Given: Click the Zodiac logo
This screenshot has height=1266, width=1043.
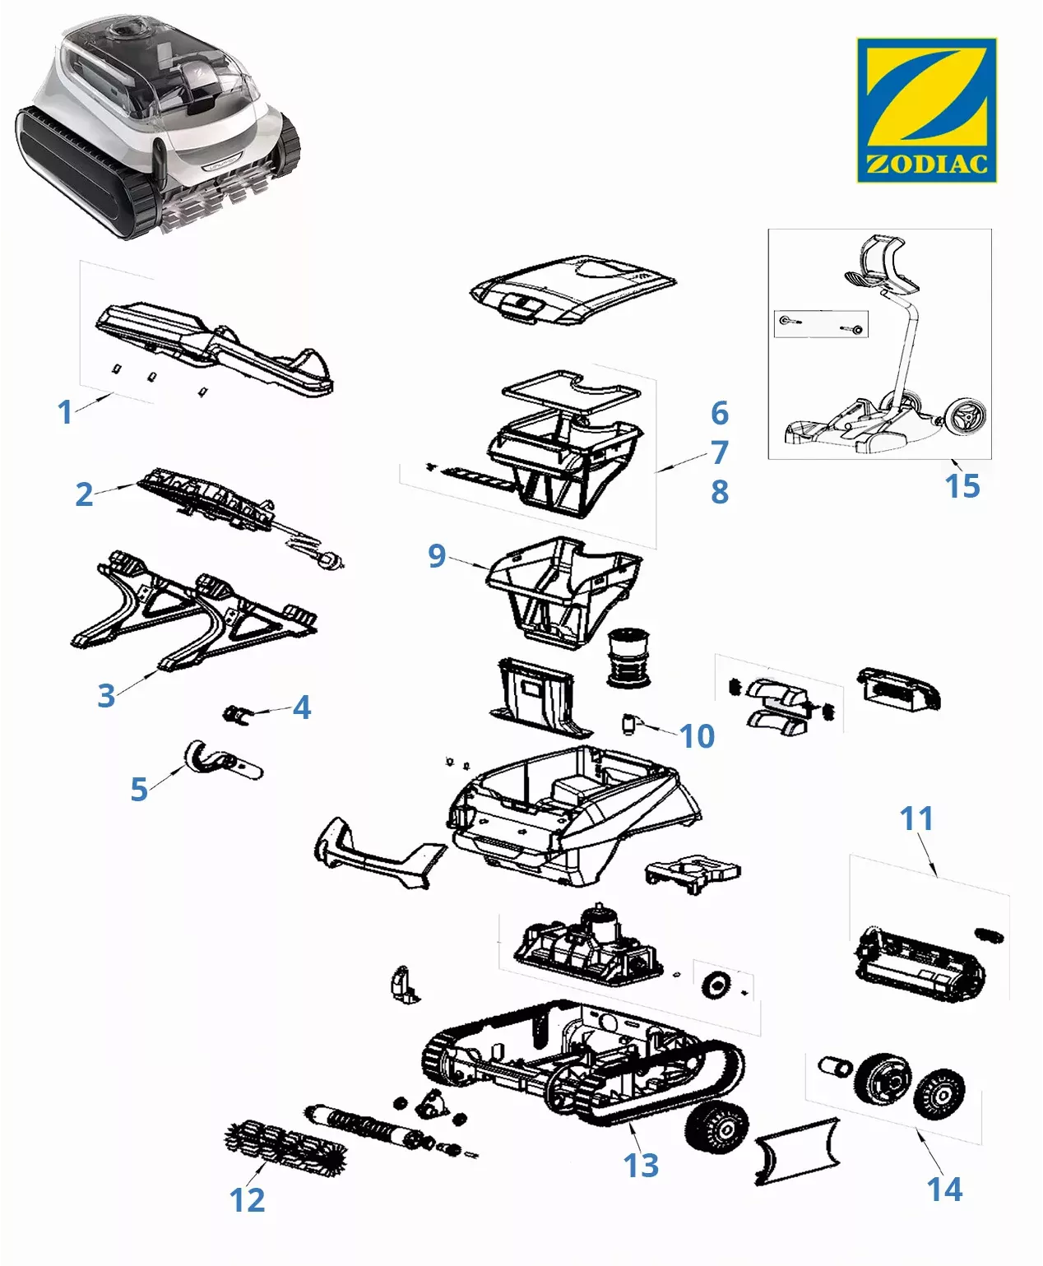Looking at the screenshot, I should [926, 109].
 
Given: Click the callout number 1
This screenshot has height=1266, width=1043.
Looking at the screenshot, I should [65, 412].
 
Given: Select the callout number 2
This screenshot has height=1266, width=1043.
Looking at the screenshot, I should [84, 494].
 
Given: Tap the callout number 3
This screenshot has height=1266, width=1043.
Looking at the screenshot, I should [106, 696].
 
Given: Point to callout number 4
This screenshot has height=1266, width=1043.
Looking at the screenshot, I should [302, 707].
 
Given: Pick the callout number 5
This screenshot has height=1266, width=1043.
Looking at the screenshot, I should [139, 789].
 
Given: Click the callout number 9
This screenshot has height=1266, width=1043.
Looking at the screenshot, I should [437, 556].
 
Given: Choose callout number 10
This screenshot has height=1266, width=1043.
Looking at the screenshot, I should [697, 736].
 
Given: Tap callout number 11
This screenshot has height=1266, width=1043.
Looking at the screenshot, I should [916, 818].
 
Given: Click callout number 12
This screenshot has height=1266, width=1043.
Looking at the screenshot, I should [247, 1200].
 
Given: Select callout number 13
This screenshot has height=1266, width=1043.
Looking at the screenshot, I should [641, 1166].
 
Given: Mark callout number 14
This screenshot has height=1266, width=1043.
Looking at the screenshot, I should [944, 1189].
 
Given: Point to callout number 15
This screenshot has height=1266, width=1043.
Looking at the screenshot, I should [962, 486].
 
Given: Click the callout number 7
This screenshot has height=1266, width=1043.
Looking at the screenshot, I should [720, 452].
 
